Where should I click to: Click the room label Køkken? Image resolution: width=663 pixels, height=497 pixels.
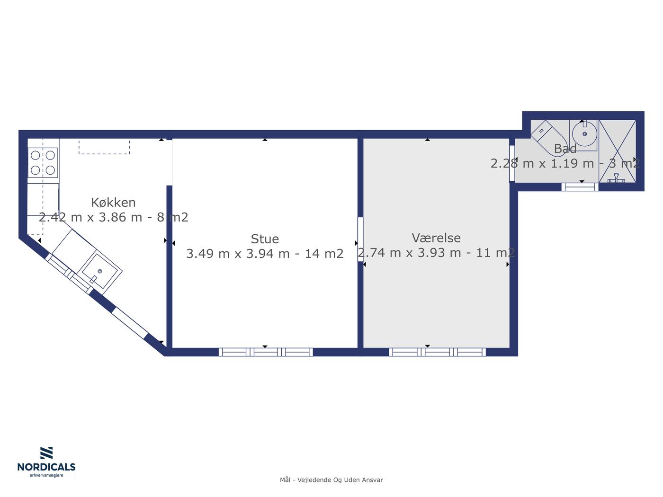point(113,203)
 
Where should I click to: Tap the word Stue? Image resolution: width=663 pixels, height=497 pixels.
point(265,239)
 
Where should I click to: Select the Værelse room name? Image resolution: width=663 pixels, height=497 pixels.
point(436,238)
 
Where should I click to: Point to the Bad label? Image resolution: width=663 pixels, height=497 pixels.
point(565,149)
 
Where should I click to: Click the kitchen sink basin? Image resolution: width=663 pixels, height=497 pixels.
point(99,271)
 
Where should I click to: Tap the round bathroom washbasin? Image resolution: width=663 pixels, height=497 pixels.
point(584,133)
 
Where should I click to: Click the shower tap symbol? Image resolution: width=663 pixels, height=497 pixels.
point(616,178)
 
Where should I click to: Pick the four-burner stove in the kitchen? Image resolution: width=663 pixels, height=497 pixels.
point(43,163)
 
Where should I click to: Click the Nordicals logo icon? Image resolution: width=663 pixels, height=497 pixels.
point(46,453)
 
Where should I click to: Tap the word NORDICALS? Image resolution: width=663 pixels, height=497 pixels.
point(46,467)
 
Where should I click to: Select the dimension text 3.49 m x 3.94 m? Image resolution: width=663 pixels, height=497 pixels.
point(238,254)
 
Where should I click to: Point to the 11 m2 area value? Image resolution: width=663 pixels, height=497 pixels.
point(495,253)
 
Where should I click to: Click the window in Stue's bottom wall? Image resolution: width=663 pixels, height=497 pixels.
point(266,352)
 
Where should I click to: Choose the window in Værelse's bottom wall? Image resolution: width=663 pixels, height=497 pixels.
point(438,352)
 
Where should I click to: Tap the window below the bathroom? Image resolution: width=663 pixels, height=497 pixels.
point(580,187)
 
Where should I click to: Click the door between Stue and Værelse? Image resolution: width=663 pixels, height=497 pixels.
point(360,240)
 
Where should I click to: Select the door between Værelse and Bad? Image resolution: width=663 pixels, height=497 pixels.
point(512,164)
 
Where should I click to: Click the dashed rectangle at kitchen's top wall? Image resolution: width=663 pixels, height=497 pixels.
point(104,147)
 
